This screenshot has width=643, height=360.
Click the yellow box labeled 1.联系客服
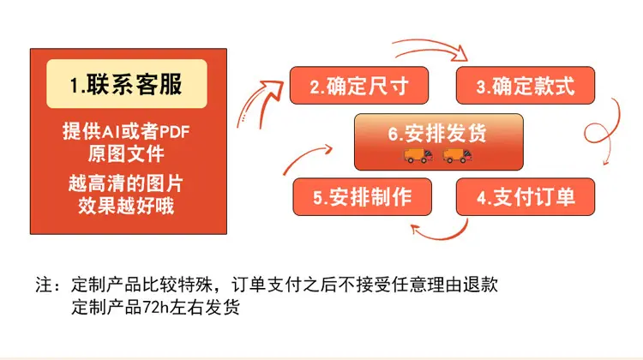(x=127, y=84)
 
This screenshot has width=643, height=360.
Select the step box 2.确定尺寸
(x=359, y=85)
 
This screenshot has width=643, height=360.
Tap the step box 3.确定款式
(x=526, y=85)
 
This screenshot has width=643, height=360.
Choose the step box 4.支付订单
(x=526, y=197)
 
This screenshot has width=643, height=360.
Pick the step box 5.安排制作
(x=363, y=197)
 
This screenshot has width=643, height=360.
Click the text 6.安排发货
(x=437, y=133)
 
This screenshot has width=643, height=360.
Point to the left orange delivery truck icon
(x=418, y=156)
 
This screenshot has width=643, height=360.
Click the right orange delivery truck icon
(x=457, y=156)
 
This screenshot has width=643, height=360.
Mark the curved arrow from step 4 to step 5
(x=441, y=237)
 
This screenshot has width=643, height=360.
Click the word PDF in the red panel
(x=174, y=132)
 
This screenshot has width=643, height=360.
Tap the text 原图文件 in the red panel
(x=126, y=153)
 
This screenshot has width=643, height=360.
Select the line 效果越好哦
(x=126, y=206)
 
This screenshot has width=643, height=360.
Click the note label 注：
(x=47, y=285)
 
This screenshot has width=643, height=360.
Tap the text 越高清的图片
(x=126, y=183)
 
